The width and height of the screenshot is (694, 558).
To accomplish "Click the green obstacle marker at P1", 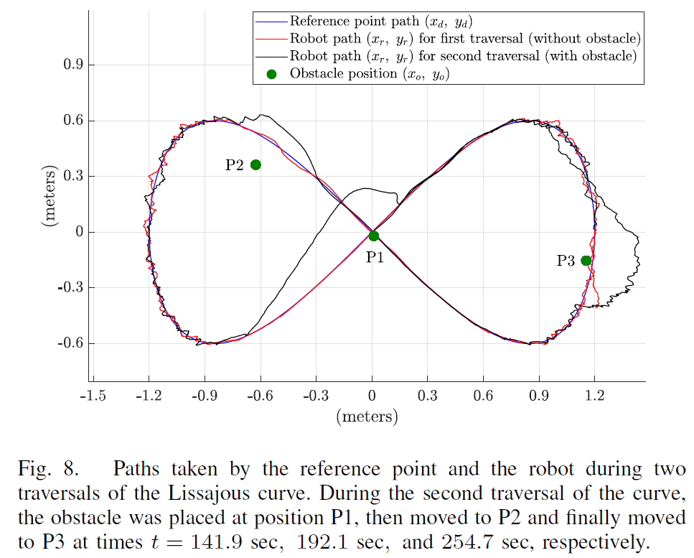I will point(373,236).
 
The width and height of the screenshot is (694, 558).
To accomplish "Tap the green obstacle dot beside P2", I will point(255,165).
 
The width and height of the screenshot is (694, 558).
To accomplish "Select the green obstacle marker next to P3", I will point(586,261).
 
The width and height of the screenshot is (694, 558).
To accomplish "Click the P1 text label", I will point(375,256).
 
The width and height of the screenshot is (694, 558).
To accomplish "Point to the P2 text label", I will point(234,166).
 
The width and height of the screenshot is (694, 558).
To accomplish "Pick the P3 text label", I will point(566,261).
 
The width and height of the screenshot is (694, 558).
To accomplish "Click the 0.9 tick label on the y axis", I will point(75,65).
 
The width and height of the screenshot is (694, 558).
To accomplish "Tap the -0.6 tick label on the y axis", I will point(72,343).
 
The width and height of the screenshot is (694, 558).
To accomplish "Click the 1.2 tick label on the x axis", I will point(594,396).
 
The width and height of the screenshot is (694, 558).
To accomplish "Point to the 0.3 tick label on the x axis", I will point(427,396).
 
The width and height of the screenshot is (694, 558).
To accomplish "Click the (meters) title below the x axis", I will point(367,417).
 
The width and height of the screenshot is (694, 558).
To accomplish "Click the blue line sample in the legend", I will point(271,22).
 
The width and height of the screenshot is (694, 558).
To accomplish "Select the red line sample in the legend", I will point(271,39).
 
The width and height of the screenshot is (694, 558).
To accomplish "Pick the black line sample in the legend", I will point(271,56).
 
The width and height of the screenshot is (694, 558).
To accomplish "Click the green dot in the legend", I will point(271,73).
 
